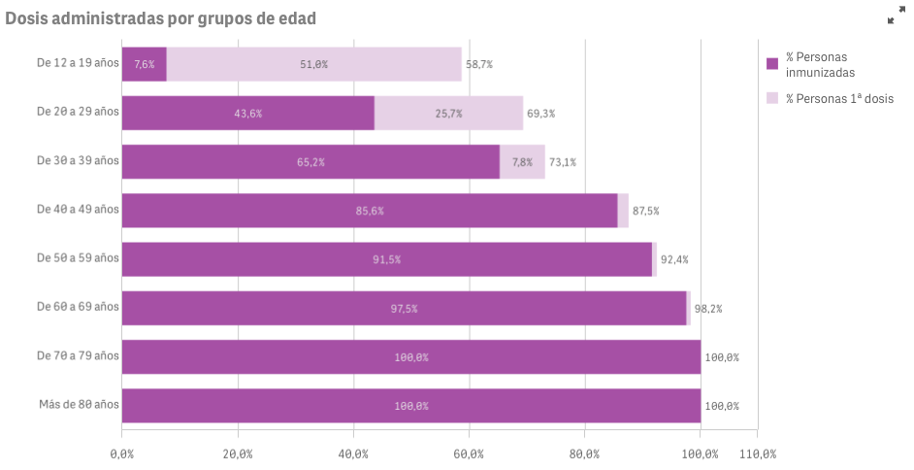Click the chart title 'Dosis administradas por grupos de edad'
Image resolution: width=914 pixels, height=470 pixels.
pyautogui.click(x=161, y=18)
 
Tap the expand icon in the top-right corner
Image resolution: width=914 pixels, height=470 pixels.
pyautogui.click(x=896, y=17)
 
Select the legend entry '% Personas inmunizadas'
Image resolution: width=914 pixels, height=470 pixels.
pyautogui.click(x=820, y=64)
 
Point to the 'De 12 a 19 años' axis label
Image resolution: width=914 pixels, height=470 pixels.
pyautogui.click(x=78, y=63)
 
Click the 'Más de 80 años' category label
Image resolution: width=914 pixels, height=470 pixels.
pyautogui.click(x=79, y=404)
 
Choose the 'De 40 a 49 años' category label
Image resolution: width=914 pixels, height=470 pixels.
pyautogui.click(x=78, y=209)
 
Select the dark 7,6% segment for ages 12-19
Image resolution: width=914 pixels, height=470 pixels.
pyautogui.click(x=145, y=64)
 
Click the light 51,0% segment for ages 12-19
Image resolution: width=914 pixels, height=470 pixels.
pyautogui.click(x=313, y=64)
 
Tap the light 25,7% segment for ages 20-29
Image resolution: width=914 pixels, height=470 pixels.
pyautogui.click(x=448, y=113)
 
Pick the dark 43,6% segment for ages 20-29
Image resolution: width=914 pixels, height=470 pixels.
pyautogui.click(x=248, y=113)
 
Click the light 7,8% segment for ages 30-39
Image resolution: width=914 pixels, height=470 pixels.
pyautogui.click(x=522, y=161)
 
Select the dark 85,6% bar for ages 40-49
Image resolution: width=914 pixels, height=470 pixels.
pyautogui.click(x=370, y=210)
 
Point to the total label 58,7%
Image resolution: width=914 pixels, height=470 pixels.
pyautogui.click(x=479, y=64)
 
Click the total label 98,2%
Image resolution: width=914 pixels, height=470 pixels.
pyautogui.click(x=708, y=309)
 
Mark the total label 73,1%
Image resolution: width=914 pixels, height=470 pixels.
pyautogui.click(x=563, y=162)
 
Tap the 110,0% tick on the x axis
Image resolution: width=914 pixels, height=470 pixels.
pyautogui.click(x=757, y=453)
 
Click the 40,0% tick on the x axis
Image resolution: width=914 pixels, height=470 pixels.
pyautogui.click(x=353, y=453)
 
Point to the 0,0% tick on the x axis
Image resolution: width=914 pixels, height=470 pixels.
pyautogui.click(x=122, y=453)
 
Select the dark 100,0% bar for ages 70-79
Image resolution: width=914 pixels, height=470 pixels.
pyautogui.click(x=411, y=356)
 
